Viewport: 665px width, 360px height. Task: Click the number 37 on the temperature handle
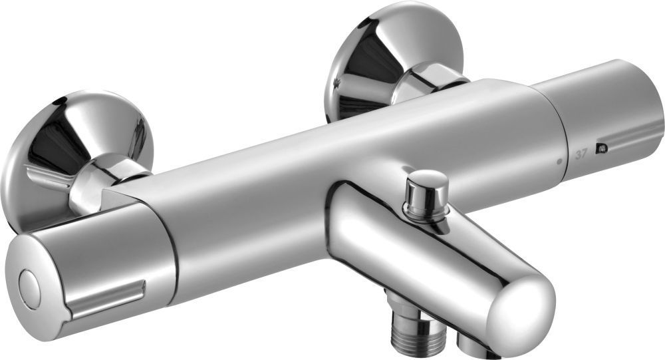pos(581,154)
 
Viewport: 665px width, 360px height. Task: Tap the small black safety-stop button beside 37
pos(601,148)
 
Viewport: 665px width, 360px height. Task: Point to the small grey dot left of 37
pos(559,162)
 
